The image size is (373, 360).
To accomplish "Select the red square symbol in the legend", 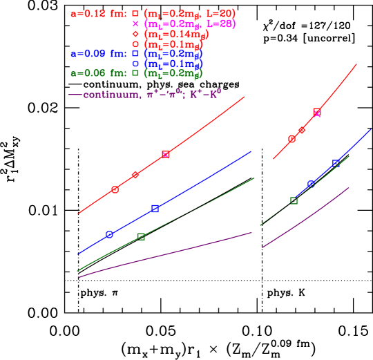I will pyautogui.click(x=135, y=13).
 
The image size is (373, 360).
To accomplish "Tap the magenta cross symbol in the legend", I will pyautogui.click(x=135, y=23).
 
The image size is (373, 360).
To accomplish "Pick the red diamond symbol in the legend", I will pyautogui.click(x=135, y=33).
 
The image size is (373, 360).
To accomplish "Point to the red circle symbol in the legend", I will pyautogui.click(x=135, y=44).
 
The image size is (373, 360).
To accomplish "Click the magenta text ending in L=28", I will pyautogui.click(x=189, y=23).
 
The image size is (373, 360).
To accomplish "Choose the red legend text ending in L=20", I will pyautogui.click(x=189, y=13).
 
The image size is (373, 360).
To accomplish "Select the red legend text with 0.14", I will pyautogui.click(x=176, y=33).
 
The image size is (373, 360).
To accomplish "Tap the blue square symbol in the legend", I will pyautogui.click(x=135, y=53).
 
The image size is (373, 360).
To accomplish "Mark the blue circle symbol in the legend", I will pyautogui.click(x=135, y=63).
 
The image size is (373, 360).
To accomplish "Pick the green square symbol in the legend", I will pyautogui.click(x=135, y=73).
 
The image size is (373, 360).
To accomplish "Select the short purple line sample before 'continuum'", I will pyautogui.click(x=75, y=94).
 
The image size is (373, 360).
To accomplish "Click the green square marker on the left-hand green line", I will pyautogui.click(x=141, y=236).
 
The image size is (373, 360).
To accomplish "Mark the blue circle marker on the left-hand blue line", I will pyautogui.click(x=109, y=235).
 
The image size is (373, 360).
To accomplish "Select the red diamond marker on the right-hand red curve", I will pyautogui.click(x=302, y=130).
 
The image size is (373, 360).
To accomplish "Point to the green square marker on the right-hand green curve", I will pyautogui.click(x=294, y=200).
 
